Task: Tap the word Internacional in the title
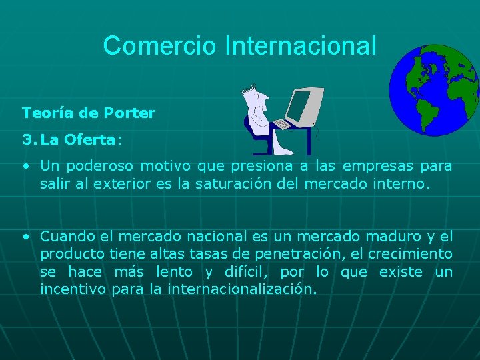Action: pyautogui.click(x=301, y=46)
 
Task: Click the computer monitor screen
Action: pyautogui.click(x=299, y=105)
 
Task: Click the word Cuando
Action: pyautogui.click(x=68, y=236)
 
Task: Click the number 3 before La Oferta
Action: pyautogui.click(x=27, y=140)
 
